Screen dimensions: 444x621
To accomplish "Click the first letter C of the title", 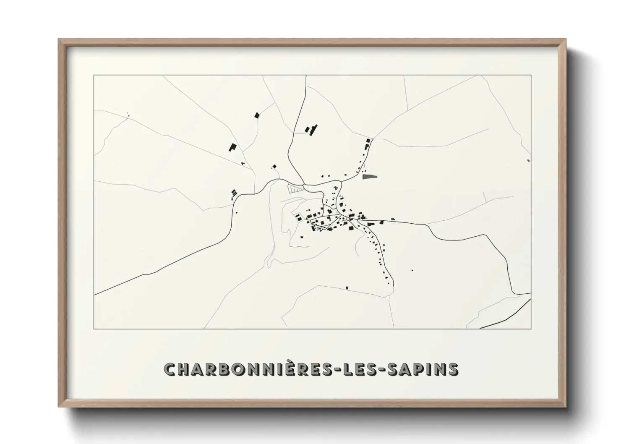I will [171, 369].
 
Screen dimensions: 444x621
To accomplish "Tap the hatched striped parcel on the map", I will [294, 188].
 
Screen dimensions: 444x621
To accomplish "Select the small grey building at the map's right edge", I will [528, 160].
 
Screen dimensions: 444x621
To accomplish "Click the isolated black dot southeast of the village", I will [412, 270].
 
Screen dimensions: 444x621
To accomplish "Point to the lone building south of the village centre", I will [347, 287].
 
